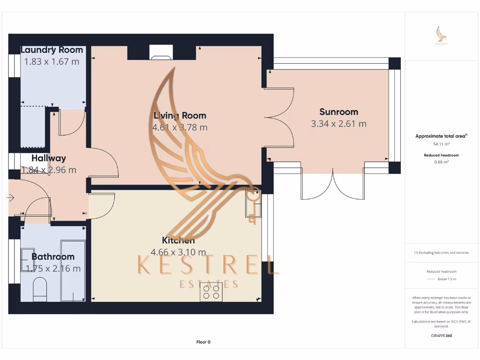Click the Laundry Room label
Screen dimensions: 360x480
click(52, 50)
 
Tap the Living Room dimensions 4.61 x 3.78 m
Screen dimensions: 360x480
click(180, 127)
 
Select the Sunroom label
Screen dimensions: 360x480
click(338, 112)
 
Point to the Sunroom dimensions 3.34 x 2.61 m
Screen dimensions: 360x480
click(338, 124)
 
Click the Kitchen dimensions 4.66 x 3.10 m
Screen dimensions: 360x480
click(178, 252)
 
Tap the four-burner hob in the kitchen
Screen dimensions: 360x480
click(211, 292)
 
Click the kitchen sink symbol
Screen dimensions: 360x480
click(253, 206)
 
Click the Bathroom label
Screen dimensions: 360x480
click(53, 256)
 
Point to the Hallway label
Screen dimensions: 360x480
click(49, 158)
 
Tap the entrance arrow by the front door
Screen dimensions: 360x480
click(10, 198)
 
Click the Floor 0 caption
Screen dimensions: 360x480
click(203, 342)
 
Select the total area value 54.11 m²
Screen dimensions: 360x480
click(442, 144)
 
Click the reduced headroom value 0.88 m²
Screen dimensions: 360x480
click(442, 162)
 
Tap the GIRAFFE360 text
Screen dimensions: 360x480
click(442, 336)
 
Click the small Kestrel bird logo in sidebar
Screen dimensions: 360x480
click(442, 35)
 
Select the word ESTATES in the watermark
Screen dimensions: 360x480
click(209, 284)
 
